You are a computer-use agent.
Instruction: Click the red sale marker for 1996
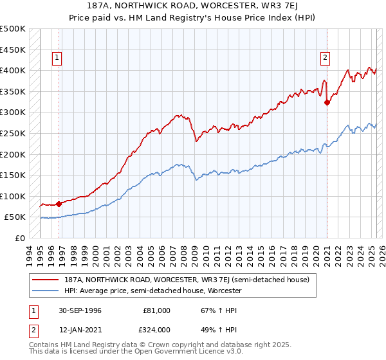coord(59,204)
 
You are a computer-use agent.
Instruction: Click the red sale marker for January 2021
coord(327,102)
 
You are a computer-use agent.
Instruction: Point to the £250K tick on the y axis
coord(14,133)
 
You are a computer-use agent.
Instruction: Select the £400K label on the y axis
coord(14,70)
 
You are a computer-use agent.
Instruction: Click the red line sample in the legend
coord(46,280)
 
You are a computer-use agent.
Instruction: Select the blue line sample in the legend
coord(46,291)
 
